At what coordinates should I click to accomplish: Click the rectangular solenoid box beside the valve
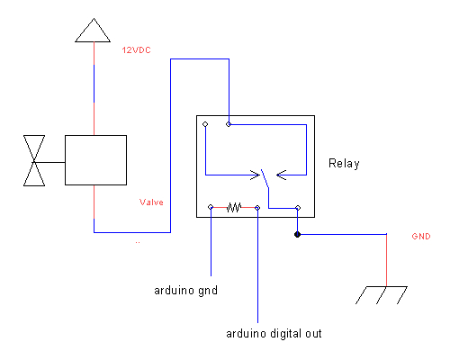pyautogui.click(x=95, y=161)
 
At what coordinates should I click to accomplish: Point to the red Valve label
pyautogui.click(x=151, y=202)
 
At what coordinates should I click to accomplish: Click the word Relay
pyautogui.click(x=343, y=164)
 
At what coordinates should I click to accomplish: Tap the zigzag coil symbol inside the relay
pyautogui.click(x=234, y=207)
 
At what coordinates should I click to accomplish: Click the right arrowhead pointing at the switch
pyautogui.click(x=277, y=171)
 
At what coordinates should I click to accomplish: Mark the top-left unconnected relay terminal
pyautogui.click(x=206, y=124)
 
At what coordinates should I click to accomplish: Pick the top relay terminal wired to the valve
pyautogui.click(x=229, y=124)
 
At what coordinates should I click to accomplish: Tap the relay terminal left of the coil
pyautogui.click(x=211, y=207)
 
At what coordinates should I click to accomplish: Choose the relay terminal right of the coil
pyautogui.click(x=257, y=207)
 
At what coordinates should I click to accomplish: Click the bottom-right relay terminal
pyautogui.click(x=298, y=207)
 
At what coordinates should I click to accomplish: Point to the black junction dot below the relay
pyautogui.click(x=298, y=236)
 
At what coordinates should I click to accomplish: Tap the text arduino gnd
pyautogui.click(x=185, y=290)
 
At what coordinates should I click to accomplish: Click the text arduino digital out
pyautogui.click(x=273, y=333)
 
